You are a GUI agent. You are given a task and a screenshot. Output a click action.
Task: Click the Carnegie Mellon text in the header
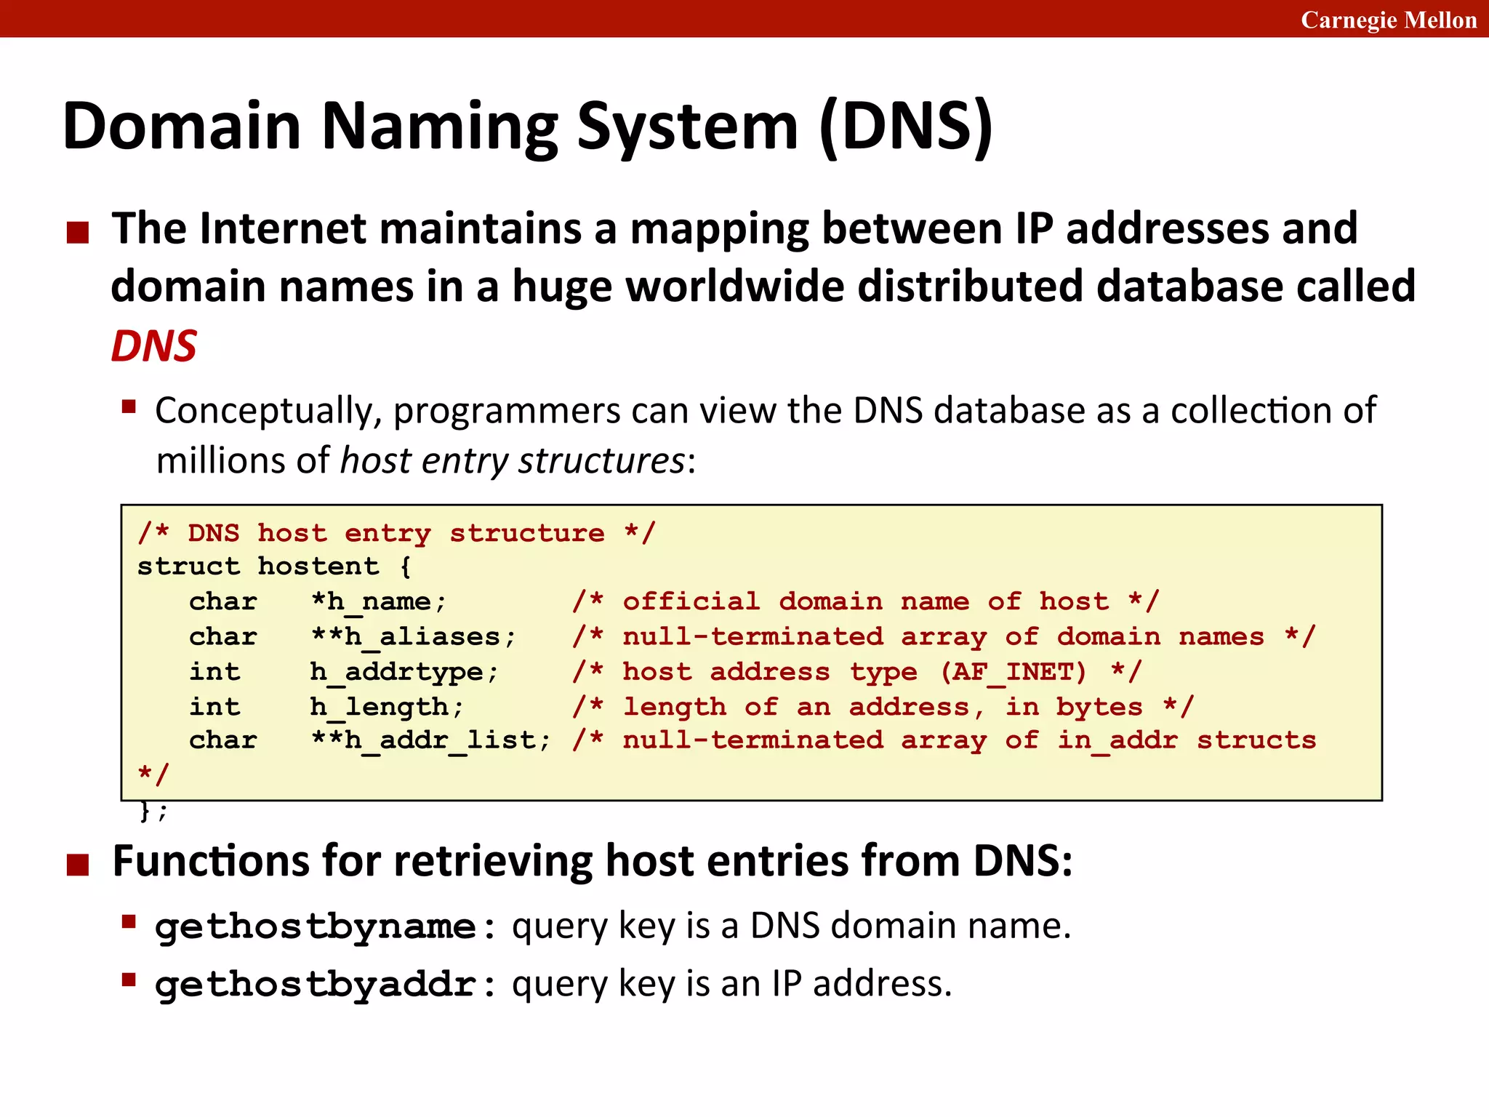(x=1388, y=20)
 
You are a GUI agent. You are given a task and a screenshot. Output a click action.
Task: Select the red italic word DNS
(x=153, y=345)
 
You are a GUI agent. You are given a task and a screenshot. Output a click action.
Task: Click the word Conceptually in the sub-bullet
(x=268, y=411)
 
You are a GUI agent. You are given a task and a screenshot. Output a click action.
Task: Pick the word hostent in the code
(x=318, y=566)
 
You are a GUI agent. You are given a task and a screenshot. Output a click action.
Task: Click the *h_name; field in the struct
(x=378, y=602)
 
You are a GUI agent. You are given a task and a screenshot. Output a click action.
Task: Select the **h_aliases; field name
(x=413, y=637)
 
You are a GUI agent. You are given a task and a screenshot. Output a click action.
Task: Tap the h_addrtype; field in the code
(x=404, y=672)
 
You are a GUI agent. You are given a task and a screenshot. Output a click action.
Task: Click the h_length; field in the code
(x=387, y=707)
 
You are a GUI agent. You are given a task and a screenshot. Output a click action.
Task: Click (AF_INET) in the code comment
(x=1013, y=672)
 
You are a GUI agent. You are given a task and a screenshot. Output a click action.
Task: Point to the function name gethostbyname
(x=316, y=927)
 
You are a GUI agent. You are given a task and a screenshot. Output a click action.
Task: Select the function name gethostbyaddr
(x=316, y=985)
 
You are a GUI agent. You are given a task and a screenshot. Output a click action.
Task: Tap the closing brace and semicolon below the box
(x=153, y=810)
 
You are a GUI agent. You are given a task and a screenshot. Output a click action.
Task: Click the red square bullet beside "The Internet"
(x=78, y=233)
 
